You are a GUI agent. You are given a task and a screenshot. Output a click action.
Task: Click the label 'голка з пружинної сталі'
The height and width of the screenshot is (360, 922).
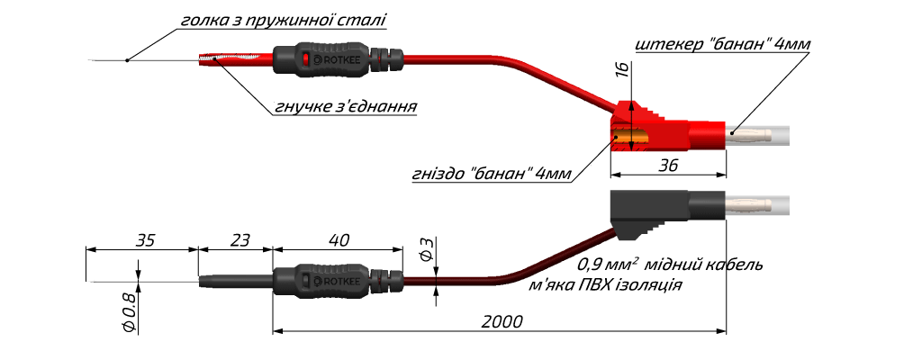(x=283, y=20)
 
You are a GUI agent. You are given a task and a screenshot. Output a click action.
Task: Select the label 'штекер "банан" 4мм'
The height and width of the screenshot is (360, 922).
(x=723, y=44)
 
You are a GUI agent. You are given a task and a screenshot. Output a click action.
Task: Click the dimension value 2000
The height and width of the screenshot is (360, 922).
(x=502, y=322)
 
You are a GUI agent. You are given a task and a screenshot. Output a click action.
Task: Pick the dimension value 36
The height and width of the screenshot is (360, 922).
(x=668, y=166)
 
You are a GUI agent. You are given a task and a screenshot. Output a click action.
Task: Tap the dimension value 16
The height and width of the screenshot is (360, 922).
(x=624, y=68)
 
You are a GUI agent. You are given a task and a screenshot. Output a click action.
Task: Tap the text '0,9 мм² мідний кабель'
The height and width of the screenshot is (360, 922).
(x=670, y=264)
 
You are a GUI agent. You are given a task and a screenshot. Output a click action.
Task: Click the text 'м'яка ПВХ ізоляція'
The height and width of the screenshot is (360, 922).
(x=606, y=285)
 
